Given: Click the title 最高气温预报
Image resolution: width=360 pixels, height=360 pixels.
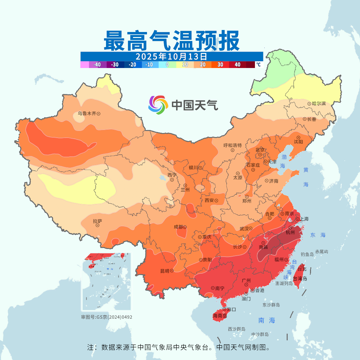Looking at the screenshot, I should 172,40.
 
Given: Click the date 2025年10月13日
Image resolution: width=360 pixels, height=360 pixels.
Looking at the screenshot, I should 172,56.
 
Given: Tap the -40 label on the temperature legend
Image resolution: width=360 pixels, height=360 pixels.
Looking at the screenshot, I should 97,65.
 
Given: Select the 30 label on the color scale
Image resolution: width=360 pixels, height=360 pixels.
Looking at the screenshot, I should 220,65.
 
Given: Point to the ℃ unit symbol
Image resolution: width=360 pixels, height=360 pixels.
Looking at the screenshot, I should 258,65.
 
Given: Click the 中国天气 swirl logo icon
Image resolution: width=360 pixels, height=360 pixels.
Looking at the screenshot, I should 158,105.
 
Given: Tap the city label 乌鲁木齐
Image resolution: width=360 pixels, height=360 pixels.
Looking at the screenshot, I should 87,113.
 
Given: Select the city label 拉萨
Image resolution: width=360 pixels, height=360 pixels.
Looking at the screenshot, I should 97,221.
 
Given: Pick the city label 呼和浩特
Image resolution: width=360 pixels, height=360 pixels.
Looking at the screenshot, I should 232,145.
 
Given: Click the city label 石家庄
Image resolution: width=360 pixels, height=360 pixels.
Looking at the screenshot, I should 253,165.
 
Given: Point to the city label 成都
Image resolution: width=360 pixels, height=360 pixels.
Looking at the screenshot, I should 178,227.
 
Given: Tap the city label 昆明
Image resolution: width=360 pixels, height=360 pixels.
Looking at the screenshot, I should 165,271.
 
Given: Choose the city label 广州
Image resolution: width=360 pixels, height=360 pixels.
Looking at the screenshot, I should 246,281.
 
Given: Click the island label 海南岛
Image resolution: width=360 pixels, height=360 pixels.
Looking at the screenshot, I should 220,316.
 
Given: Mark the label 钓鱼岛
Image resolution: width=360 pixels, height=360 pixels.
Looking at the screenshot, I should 307,254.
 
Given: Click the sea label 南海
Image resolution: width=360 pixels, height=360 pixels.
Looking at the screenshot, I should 267,320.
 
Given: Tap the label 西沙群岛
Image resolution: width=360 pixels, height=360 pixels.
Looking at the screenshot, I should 237,329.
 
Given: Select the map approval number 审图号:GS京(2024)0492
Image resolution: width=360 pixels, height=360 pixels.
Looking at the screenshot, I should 107,317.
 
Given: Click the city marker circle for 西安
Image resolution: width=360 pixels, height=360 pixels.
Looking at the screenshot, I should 216,201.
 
